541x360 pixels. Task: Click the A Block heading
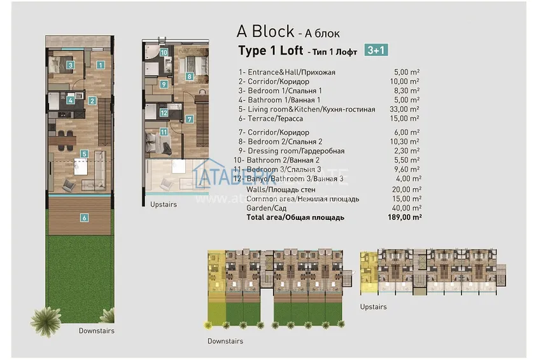click(265, 31)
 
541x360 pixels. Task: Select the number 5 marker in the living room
click(84, 153)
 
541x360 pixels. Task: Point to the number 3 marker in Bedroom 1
click(71, 64)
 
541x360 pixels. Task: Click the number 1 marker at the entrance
click(100, 64)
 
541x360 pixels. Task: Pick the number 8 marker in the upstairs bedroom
click(189, 76)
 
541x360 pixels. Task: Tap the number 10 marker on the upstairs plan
click(164, 53)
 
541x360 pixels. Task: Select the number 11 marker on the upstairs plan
click(164, 132)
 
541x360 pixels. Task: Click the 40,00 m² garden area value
click(407, 208)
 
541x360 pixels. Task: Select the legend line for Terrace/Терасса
click(270, 118)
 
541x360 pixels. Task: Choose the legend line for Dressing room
click(292, 151)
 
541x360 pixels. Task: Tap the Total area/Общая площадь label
click(295, 217)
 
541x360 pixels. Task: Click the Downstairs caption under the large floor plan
click(97, 331)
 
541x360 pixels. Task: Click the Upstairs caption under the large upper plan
click(164, 205)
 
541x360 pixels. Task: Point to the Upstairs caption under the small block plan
click(373, 307)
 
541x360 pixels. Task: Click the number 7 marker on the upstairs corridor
click(189, 119)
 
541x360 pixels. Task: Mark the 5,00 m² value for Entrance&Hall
click(407, 73)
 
